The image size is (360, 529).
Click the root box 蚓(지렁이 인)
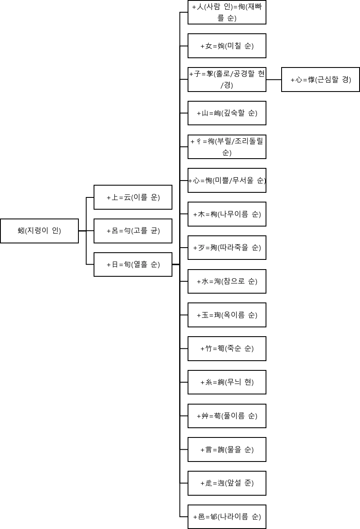coord(39,231)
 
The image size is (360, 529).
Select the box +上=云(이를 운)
coord(133,197)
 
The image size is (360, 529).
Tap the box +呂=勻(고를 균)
coord(133,231)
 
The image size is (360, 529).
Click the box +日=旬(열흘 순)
coord(133,264)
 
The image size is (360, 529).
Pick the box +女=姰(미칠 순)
coord(227,46)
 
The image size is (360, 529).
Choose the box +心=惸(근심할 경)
coord(320,79)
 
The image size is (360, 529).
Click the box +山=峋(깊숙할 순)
coord(227,113)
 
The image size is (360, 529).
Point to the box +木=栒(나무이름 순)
coord(227,214)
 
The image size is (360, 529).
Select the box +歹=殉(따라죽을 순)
coord(227,248)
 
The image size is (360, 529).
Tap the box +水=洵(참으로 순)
coord(227,281)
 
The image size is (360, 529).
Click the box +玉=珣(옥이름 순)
coord(227,315)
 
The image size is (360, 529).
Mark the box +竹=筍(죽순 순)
coord(227,348)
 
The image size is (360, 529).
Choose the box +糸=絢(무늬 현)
coord(227,382)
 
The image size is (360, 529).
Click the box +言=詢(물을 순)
coord(227,450)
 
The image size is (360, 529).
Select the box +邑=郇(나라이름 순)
coord(227,517)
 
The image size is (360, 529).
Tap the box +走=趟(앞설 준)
coord(227,483)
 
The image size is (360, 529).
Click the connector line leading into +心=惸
coord(274,79)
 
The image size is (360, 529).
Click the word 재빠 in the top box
coord(255,8)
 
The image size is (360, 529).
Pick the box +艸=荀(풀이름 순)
coord(227,416)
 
